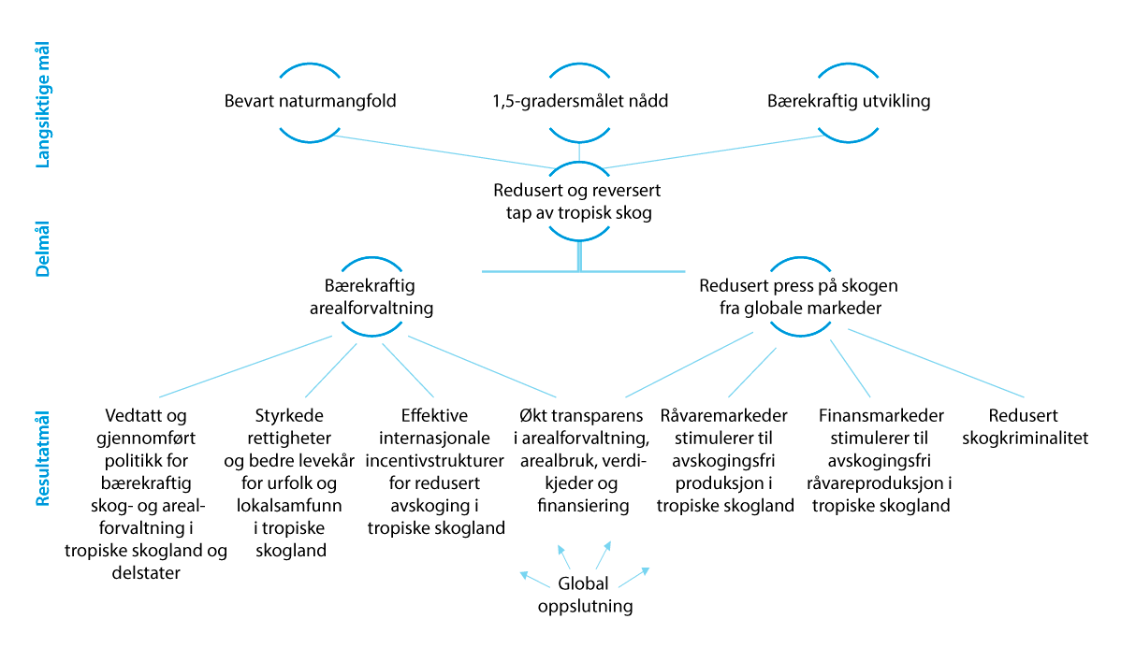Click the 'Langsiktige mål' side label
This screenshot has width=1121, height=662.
pyautogui.click(x=43, y=105)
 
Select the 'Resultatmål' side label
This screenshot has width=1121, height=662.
pyautogui.click(x=43, y=458)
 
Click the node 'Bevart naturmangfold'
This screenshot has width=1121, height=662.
pyautogui.click(x=311, y=101)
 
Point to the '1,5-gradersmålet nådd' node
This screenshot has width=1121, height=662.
pyautogui.click(x=580, y=101)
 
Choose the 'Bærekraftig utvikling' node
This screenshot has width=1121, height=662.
pyautogui.click(x=849, y=101)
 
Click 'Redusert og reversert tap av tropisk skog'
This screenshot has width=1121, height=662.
pyautogui.click(x=577, y=201)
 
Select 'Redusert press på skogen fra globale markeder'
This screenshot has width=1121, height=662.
pyautogui.click(x=798, y=296)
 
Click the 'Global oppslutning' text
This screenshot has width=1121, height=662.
pyautogui.click(x=583, y=595)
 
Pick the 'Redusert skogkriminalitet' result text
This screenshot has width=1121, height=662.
pyautogui.click(x=1039, y=426)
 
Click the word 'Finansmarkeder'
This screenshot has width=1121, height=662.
pyautogui.click(x=881, y=415)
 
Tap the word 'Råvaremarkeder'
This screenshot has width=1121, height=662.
pyautogui.click(x=724, y=415)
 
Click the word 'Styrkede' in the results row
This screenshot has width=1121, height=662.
pyautogui.click(x=289, y=415)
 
